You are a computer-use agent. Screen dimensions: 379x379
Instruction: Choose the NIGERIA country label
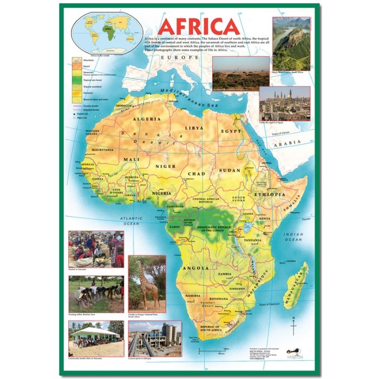click(164, 193)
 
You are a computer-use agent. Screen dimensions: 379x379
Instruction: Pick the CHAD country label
click(197, 174)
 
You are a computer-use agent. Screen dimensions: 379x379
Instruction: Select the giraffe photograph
click(147, 284)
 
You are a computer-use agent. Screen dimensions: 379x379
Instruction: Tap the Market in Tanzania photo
click(96, 250)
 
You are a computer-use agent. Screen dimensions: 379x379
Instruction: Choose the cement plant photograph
click(147, 338)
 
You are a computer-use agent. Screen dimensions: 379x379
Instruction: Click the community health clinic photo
click(96, 334)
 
